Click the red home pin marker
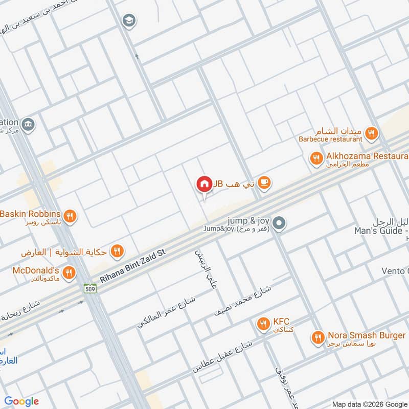pyautogui.click(x=204, y=184)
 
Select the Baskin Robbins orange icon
pyautogui.click(x=71, y=216)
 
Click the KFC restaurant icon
pyautogui.click(x=263, y=323)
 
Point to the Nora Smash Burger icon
pyautogui.click(x=318, y=337)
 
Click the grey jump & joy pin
pyautogui.click(x=279, y=223)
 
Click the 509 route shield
pyautogui.click(x=90, y=289)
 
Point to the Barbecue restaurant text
pyautogui.click(x=331, y=139)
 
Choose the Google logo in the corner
pyautogui.click(x=21, y=401)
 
